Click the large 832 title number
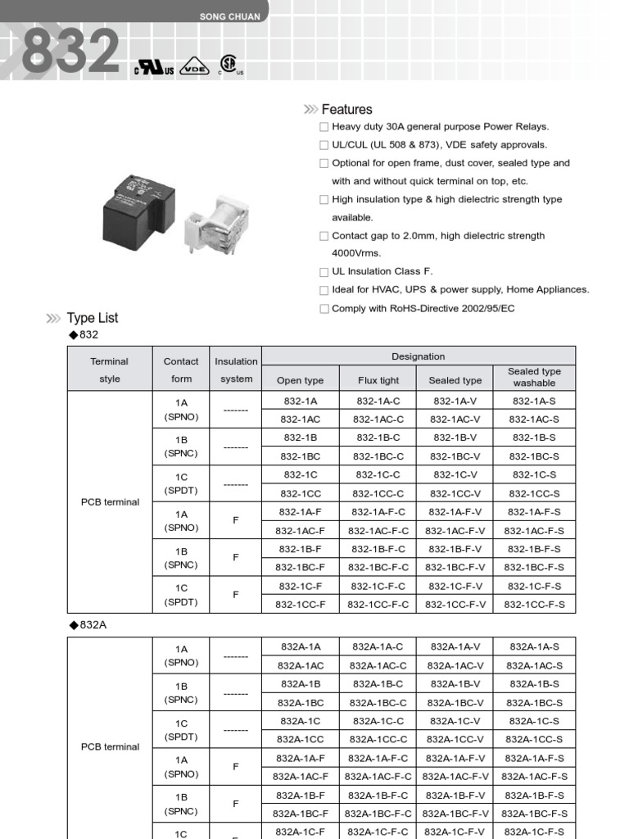[70, 52]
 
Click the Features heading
[346, 109]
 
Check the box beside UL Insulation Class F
[324, 272]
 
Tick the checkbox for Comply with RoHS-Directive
[324, 309]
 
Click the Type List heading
[93, 318]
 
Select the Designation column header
[418, 356]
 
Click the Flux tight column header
[378, 380]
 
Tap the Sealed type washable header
[534, 377]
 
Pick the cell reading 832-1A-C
[378, 401]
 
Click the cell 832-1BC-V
[455, 456]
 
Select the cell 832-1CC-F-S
[534, 605]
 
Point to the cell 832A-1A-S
[534, 646]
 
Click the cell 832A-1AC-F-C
[378, 776]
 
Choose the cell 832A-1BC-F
[301, 814]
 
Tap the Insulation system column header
[236, 370]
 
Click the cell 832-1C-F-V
[455, 586]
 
